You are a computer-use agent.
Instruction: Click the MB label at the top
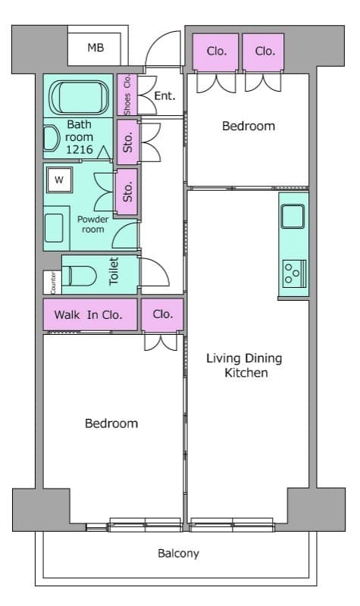click(x=95, y=48)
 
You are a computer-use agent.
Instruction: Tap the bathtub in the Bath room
click(x=79, y=98)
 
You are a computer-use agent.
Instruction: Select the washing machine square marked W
click(x=59, y=180)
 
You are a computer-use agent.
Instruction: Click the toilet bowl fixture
click(x=80, y=276)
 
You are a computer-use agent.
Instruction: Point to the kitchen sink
click(x=293, y=217)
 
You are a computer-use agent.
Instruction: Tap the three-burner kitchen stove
click(x=294, y=273)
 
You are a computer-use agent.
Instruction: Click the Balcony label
click(x=178, y=554)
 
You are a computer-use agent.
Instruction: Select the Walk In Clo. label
click(x=88, y=314)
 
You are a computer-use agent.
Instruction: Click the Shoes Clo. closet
click(x=127, y=95)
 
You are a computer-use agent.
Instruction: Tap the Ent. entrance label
click(x=164, y=95)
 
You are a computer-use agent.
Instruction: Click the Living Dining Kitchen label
click(x=244, y=365)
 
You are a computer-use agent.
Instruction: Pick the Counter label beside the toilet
click(x=53, y=283)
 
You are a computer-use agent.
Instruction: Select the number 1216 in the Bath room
click(x=80, y=149)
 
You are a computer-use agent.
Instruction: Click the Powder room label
click(x=92, y=224)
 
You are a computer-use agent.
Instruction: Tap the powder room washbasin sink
click(x=54, y=228)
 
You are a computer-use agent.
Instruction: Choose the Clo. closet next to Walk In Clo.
click(x=162, y=314)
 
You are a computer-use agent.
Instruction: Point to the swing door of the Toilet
click(x=155, y=272)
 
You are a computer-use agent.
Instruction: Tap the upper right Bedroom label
click(x=249, y=126)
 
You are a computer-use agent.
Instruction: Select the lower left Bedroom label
click(x=111, y=423)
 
